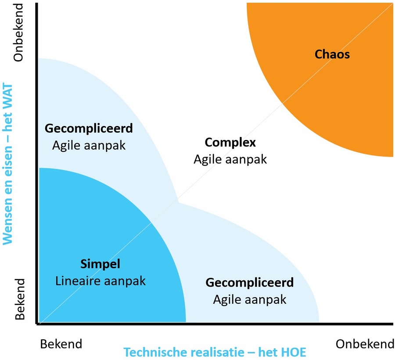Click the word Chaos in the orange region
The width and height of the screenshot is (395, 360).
(x=332, y=54)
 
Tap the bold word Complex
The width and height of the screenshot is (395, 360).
(x=230, y=143)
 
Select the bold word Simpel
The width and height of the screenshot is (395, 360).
(x=100, y=264)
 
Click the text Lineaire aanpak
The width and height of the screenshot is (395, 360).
(x=100, y=281)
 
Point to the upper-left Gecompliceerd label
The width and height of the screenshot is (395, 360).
(x=89, y=129)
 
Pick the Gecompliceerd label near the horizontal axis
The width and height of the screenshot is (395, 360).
(x=250, y=283)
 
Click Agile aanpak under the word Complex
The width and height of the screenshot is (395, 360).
(x=230, y=159)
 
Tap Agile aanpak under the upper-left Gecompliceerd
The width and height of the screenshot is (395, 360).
(x=89, y=145)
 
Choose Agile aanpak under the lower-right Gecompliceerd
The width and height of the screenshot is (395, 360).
(x=250, y=299)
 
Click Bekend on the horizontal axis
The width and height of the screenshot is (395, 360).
(x=61, y=344)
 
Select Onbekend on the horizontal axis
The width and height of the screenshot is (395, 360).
(x=365, y=344)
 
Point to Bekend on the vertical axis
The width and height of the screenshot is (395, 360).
(x=20, y=299)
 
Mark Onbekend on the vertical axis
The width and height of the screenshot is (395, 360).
(x=18, y=32)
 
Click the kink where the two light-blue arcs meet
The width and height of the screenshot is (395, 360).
(x=178, y=202)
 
